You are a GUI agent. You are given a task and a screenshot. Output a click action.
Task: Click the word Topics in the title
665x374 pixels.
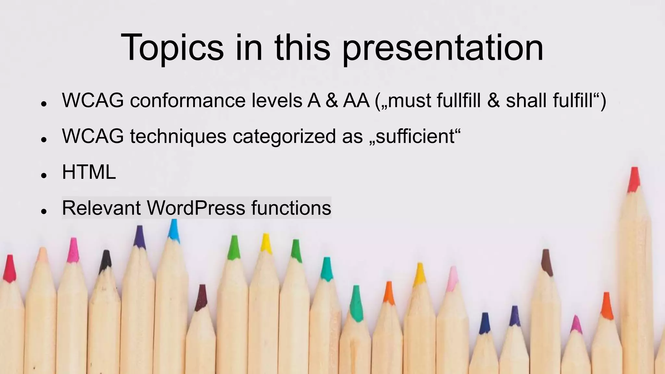(x=172, y=48)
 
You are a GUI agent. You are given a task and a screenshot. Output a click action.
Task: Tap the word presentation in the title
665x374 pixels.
(x=443, y=48)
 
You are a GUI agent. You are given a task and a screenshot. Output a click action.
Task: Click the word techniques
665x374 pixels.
(x=178, y=136)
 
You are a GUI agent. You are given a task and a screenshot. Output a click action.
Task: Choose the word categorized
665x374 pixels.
(x=284, y=136)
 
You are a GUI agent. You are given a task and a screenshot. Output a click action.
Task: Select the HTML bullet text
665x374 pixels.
(x=89, y=172)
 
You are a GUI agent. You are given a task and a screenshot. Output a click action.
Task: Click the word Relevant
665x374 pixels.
(x=101, y=208)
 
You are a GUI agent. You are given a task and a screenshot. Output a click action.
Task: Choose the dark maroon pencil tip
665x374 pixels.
(x=202, y=297)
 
